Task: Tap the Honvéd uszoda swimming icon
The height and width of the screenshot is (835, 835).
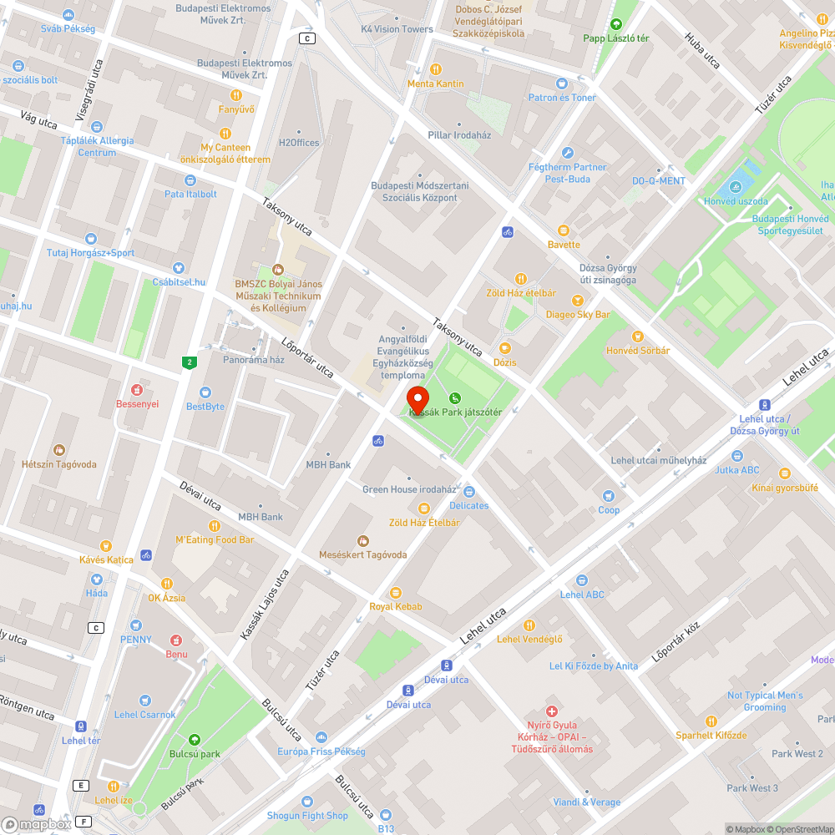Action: (736, 187)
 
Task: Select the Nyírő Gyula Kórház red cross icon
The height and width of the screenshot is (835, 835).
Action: (551, 711)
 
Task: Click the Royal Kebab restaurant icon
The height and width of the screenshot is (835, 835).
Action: (396, 592)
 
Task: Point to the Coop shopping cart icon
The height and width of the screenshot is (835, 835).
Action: (609, 495)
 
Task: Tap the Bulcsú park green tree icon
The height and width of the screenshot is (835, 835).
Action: (194, 739)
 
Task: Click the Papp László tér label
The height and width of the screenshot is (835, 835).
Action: (616, 38)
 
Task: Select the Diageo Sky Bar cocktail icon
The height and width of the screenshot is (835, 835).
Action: (577, 301)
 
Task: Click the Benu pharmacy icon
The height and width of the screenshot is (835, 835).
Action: (176, 640)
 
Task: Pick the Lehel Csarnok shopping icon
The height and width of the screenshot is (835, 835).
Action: (145, 700)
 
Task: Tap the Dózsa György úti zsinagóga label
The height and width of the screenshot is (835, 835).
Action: (608, 274)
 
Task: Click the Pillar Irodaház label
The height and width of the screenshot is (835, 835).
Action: (459, 135)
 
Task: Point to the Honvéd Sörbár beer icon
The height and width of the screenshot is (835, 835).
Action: (638, 337)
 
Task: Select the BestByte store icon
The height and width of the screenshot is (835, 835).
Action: (205, 392)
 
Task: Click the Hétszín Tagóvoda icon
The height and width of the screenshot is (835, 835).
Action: (58, 450)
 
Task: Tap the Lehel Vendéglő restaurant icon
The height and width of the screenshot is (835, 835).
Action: (529, 625)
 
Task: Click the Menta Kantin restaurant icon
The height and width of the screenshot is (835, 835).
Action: (435, 69)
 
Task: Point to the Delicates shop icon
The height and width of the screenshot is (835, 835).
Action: (468, 492)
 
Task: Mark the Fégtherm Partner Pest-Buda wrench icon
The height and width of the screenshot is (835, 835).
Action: (568, 153)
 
